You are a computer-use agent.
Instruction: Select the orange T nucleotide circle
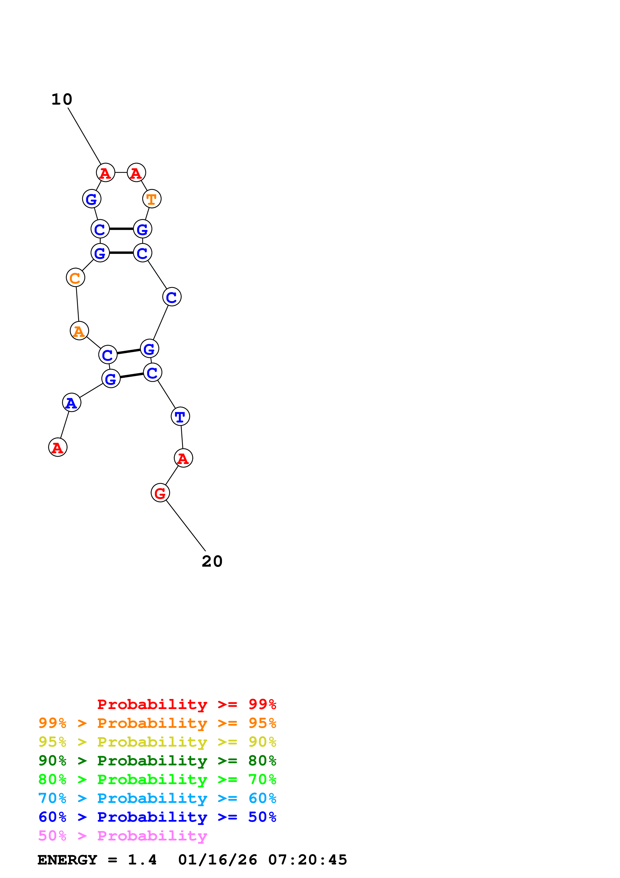tap(152, 199)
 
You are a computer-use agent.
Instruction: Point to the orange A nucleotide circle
tap(79, 331)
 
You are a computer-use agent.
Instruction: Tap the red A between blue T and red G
tap(183, 458)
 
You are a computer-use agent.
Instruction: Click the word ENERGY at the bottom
tap(67, 860)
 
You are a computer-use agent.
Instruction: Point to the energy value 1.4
tap(142, 860)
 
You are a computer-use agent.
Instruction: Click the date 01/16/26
tap(218, 860)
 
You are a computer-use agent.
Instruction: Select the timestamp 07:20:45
tap(308, 860)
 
